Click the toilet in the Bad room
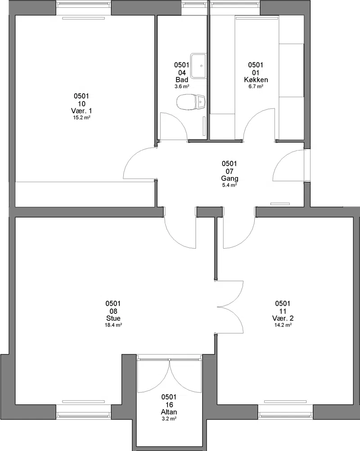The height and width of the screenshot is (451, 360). [x=191, y=102]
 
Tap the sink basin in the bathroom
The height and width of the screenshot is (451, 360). [x=199, y=66]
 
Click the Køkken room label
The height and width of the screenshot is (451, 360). [x=256, y=80]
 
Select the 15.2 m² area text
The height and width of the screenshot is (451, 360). [x=82, y=117]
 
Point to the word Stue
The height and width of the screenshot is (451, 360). [x=113, y=318]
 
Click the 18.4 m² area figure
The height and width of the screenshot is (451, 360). [x=113, y=325]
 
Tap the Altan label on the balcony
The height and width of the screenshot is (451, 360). [x=169, y=412]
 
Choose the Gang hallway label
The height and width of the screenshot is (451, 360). [x=229, y=179]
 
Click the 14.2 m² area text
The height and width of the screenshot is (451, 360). [x=283, y=325]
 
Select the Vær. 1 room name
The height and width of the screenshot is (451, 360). [x=81, y=111]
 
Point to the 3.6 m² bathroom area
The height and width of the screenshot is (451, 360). [x=182, y=86]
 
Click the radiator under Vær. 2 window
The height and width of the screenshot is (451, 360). [x=285, y=402]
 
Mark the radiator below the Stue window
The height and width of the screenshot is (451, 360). [x=83, y=402]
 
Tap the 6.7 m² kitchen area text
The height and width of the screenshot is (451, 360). [x=256, y=86]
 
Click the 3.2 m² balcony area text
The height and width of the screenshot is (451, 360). [x=169, y=419]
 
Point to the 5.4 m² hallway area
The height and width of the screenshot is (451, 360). [x=229, y=185]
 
